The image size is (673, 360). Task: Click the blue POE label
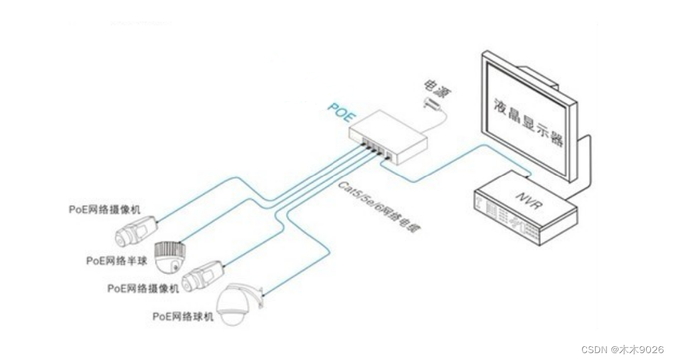pos(341,114)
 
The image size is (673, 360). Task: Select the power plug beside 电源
pos(432,103)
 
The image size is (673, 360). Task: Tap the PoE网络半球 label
pos(117,260)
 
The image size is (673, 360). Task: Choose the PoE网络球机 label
pos(183,317)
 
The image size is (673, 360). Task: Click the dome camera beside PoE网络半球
pos(169,257)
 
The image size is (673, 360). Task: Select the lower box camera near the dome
pos(202,274)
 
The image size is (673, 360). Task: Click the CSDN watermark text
pos(622,349)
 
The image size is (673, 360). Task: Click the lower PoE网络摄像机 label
pos(143,289)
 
